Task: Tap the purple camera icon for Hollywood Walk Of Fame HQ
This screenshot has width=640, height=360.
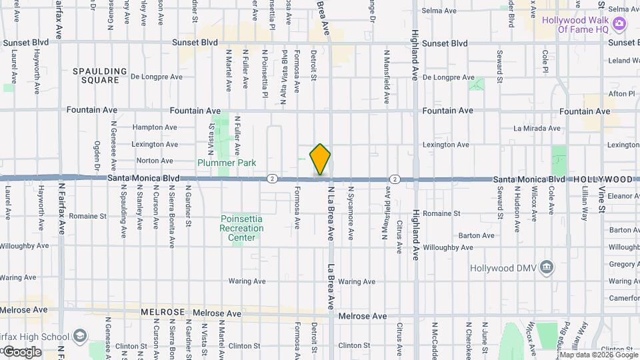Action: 620,25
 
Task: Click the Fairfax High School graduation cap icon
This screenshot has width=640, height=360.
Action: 80,335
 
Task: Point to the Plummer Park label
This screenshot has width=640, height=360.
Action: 227,163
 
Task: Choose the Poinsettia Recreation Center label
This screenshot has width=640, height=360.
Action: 241,228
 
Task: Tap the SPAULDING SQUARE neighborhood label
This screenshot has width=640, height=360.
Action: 100,75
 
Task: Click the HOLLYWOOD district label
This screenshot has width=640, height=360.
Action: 603,180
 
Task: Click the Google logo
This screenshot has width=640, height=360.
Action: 21,351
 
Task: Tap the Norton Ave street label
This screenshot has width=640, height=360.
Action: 155,161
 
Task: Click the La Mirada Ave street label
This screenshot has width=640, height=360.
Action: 536,128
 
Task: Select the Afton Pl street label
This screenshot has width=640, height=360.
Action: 622,94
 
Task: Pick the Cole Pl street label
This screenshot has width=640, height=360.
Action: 545,61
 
